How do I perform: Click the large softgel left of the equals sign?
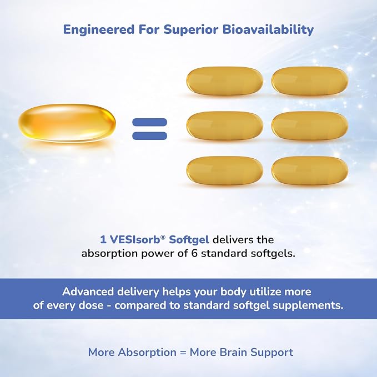[x=67, y=123]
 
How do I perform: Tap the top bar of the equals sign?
[x=149, y=122]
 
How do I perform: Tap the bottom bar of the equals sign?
[x=149, y=136]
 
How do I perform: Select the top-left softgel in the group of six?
[x=224, y=81]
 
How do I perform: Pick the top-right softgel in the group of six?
[x=310, y=81]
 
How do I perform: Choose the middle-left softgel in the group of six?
[x=224, y=125]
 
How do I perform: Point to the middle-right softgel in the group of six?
[x=310, y=125]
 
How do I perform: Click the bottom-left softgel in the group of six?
[x=224, y=170]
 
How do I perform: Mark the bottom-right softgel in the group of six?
[x=310, y=170]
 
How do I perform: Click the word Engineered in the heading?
[x=99, y=30]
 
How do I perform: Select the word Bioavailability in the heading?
[x=268, y=30]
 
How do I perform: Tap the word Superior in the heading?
[x=191, y=30]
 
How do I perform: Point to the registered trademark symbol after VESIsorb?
[x=163, y=238]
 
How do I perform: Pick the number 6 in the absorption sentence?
[x=194, y=253]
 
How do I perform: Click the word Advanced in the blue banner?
[x=88, y=291]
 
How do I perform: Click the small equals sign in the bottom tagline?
[x=183, y=353]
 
